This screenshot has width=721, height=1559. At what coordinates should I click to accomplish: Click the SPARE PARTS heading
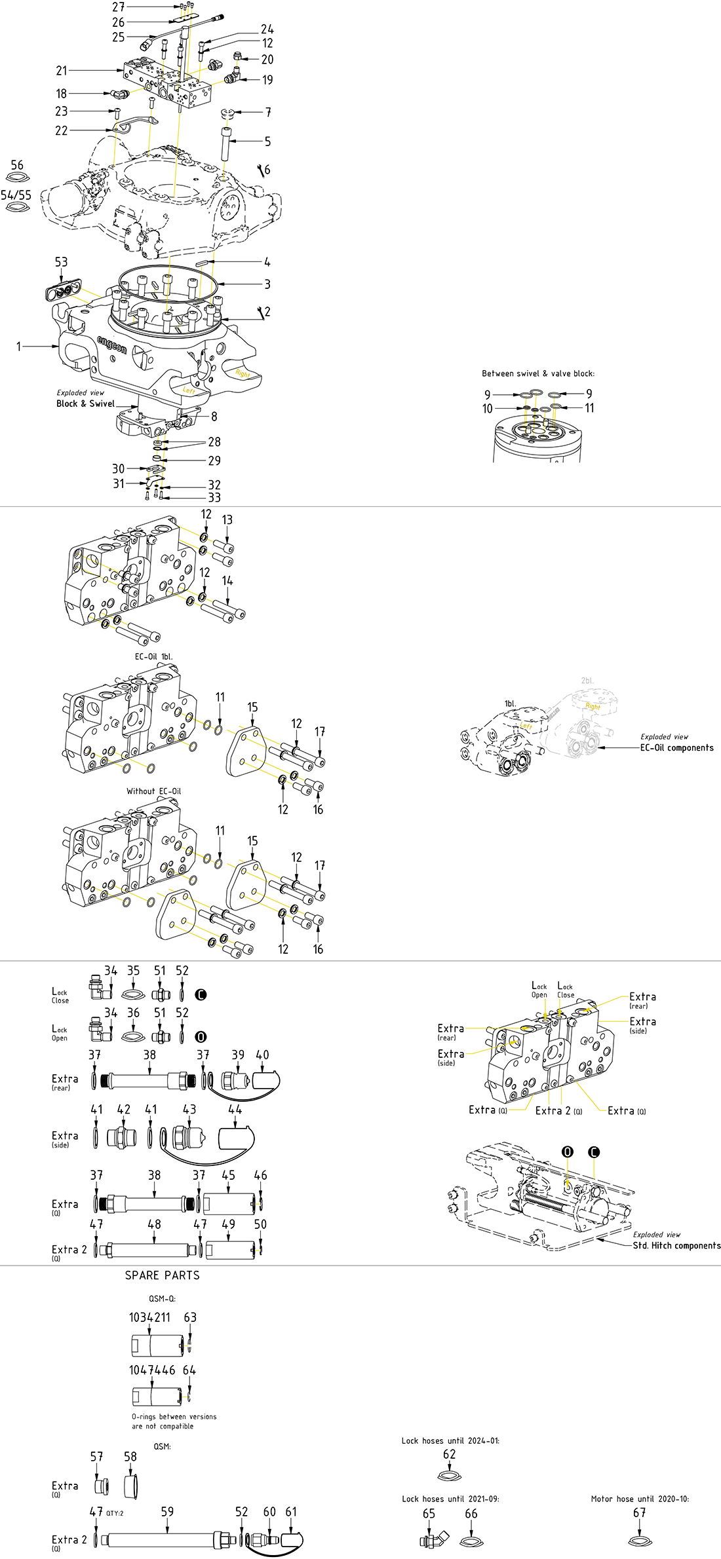click(x=162, y=1275)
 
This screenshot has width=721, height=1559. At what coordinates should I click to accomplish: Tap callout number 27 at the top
click(x=118, y=7)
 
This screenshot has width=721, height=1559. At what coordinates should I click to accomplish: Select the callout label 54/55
click(x=16, y=195)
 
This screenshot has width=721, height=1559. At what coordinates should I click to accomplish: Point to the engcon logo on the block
click(x=111, y=345)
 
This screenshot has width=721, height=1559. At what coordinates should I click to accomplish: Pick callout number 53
click(x=61, y=262)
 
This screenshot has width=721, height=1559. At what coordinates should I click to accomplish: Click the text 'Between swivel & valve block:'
click(x=538, y=373)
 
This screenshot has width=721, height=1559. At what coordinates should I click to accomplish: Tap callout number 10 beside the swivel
click(x=487, y=409)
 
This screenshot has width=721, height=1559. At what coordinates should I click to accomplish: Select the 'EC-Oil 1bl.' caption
click(x=153, y=656)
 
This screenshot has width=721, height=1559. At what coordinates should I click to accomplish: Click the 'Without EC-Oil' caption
click(x=153, y=791)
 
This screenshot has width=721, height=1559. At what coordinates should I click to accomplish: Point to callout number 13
click(x=227, y=519)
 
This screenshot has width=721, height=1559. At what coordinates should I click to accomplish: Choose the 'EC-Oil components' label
click(x=676, y=747)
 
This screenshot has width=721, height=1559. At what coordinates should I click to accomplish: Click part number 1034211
click(x=149, y=1317)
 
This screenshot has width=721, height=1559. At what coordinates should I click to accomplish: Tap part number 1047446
click(x=152, y=1370)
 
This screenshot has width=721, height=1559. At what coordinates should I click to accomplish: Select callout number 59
click(x=167, y=1511)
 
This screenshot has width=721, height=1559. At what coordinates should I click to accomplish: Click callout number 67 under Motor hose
click(x=639, y=1512)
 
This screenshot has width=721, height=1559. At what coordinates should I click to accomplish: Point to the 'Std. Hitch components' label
click(x=676, y=1245)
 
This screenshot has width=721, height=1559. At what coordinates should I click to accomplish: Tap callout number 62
click(x=449, y=1454)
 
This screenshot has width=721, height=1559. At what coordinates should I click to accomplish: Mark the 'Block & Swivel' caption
click(x=85, y=404)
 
